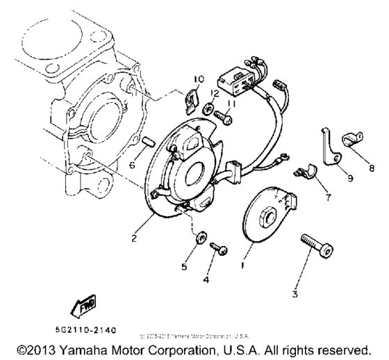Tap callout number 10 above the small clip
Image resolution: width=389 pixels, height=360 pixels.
point(198,78)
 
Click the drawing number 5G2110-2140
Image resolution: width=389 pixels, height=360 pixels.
point(85,327)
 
